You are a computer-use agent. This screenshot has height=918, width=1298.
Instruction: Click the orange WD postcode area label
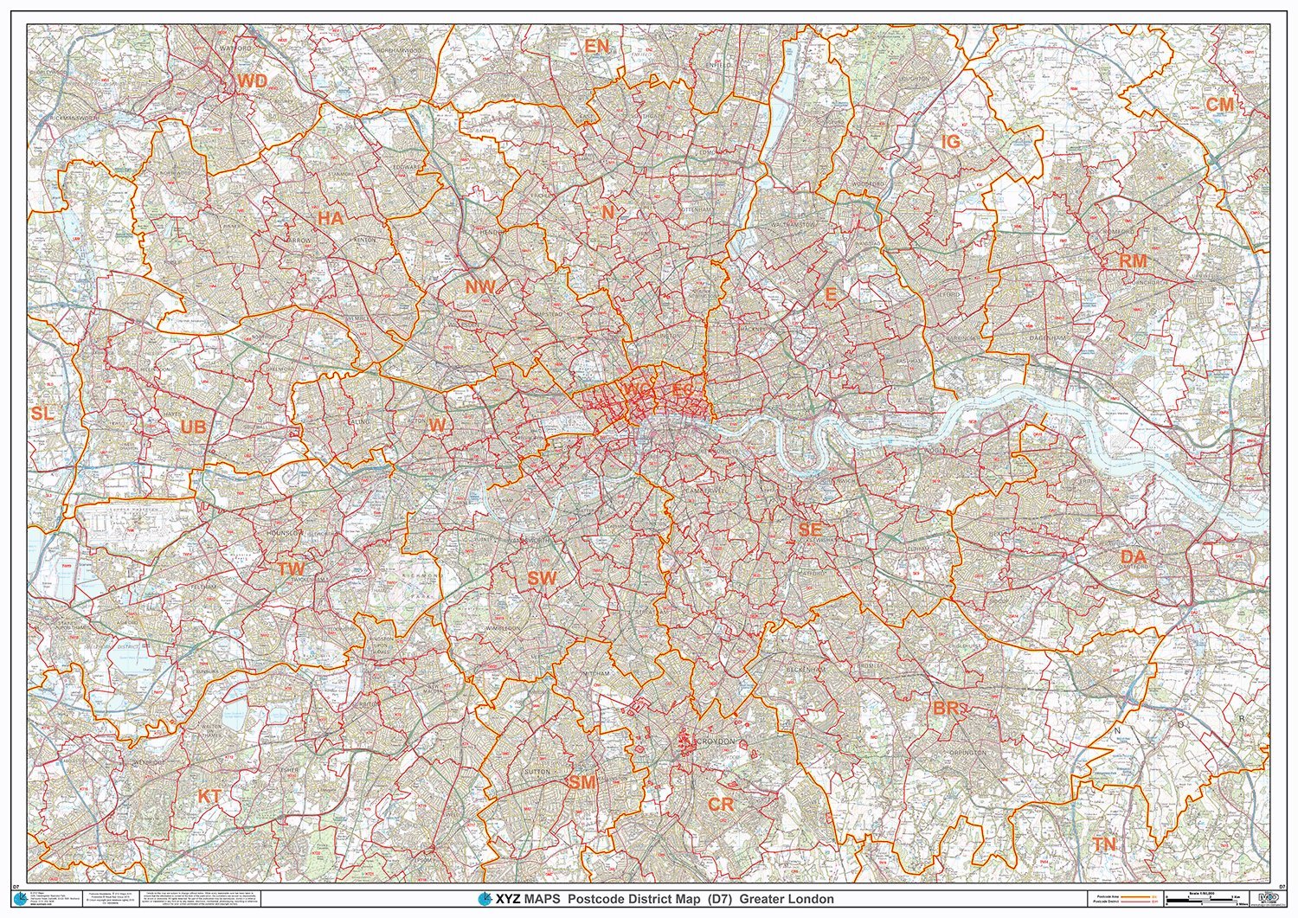pos(253,81)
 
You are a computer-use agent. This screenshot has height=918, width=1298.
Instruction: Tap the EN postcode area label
pos(596,47)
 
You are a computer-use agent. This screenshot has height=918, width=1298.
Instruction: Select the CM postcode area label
pos(1220,105)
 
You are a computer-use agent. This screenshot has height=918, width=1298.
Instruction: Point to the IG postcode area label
pos(951,142)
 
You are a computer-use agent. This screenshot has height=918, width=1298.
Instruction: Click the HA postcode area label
pos(330,219)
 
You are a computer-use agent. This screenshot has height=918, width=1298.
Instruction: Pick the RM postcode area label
pos(1133,260)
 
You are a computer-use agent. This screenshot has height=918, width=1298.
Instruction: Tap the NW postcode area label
pos(479,286)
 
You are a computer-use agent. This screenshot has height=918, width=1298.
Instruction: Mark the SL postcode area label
pos(42,414)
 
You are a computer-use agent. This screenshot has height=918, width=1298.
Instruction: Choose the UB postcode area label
pos(194,427)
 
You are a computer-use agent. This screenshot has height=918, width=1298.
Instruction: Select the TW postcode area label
pos(291,568)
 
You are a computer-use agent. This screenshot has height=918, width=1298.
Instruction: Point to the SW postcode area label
pos(543,578)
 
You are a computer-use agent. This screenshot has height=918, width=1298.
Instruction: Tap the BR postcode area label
pos(946,709)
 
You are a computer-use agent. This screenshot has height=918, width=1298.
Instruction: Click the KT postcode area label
pos(209,796)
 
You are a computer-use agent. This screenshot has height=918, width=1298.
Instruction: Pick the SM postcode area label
pos(582,782)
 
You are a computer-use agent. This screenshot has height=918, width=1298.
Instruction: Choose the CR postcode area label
pos(721,804)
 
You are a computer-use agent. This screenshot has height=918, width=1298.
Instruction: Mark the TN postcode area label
pos(1103,844)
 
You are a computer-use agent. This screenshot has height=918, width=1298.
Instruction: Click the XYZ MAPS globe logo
pos(472,899)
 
